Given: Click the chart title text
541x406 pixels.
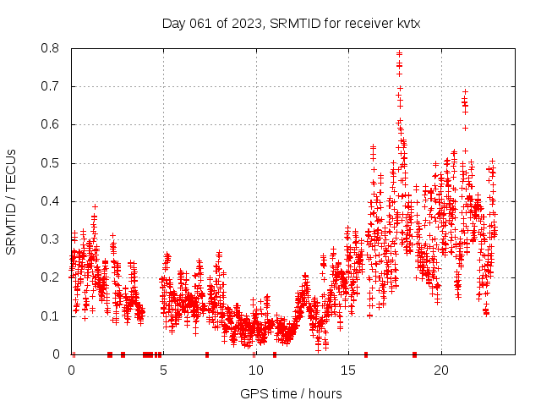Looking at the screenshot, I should (291, 23).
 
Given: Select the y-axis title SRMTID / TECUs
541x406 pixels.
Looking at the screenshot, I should (11, 201).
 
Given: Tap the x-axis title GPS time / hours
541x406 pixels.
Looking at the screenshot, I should (291, 393).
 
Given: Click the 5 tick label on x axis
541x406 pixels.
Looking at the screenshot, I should (163, 370).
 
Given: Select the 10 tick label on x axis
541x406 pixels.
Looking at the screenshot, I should (255, 370).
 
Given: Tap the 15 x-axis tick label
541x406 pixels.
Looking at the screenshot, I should (347, 370).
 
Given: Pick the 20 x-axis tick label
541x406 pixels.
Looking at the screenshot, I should (440, 370).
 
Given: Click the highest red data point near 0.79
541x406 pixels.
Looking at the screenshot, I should (399, 53).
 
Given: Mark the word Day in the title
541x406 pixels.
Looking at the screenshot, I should (173, 23).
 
